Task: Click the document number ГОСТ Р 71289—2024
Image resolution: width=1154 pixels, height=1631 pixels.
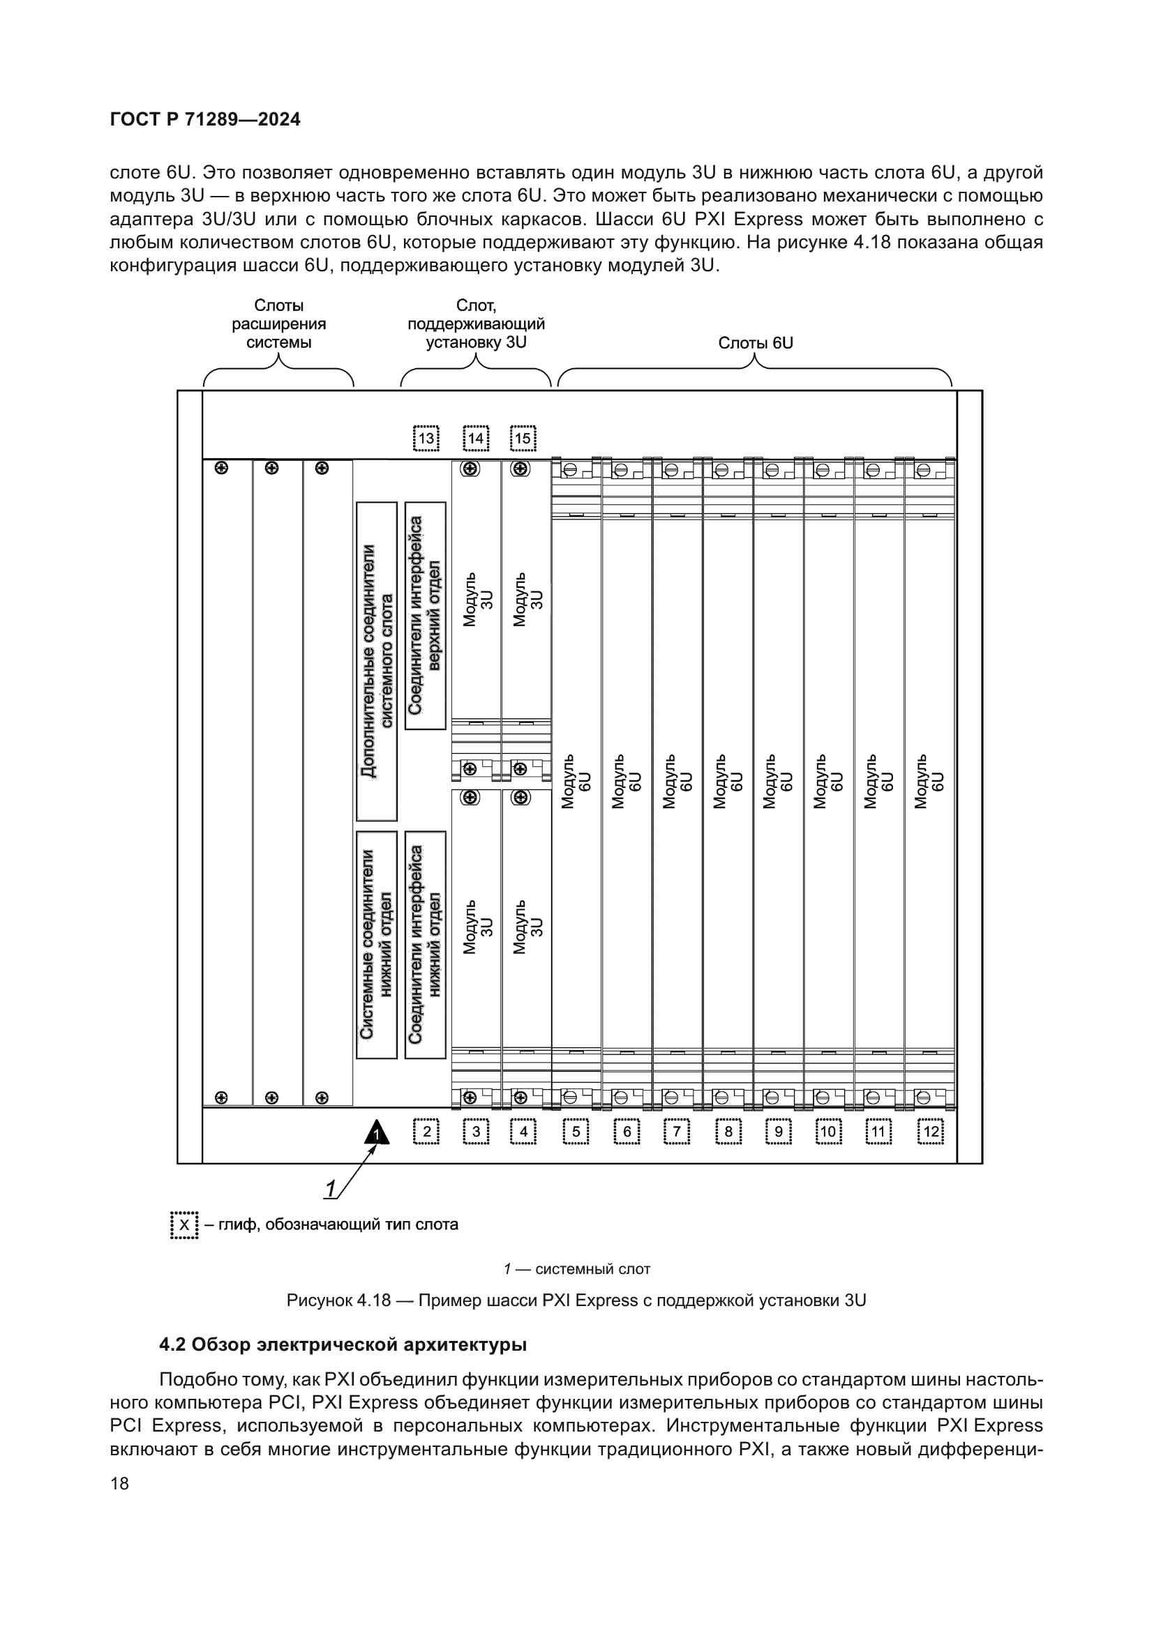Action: (205, 119)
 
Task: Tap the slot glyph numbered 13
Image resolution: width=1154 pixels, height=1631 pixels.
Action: (426, 439)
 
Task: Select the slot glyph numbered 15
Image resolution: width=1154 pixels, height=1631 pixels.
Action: (523, 439)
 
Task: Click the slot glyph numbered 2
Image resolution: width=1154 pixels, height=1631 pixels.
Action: (426, 1132)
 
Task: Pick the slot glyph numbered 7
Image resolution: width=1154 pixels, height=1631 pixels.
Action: (677, 1132)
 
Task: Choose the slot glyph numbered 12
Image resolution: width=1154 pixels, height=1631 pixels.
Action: (930, 1132)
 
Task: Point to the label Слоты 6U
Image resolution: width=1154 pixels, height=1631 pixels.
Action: (756, 343)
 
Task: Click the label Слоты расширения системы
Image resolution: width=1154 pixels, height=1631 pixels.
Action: (278, 324)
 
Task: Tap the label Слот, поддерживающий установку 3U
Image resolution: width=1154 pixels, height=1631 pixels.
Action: (476, 324)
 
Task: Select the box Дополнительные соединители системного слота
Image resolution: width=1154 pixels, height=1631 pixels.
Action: (377, 661)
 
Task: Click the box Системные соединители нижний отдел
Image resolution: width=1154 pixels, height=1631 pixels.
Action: (377, 945)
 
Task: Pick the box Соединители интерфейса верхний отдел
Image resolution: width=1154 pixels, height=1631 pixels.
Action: (426, 615)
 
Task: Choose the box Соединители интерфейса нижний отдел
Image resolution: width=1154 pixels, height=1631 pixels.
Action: (426, 945)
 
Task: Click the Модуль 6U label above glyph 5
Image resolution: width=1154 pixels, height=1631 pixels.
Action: (576, 782)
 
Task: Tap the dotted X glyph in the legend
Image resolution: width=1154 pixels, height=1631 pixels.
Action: (184, 1225)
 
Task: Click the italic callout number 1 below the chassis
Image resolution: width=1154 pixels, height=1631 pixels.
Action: (331, 1189)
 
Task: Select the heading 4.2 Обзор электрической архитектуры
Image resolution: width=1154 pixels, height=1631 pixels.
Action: (343, 1344)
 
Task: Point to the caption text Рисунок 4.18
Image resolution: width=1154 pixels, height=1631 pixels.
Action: (338, 1300)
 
